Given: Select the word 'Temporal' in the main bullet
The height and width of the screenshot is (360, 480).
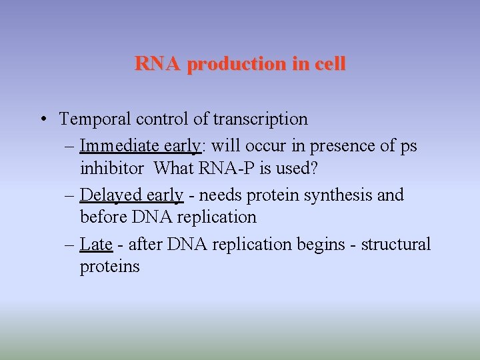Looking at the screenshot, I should point(95,119).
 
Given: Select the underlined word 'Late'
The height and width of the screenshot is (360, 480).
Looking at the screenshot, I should point(96,244).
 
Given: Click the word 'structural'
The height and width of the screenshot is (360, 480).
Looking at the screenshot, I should point(396,244).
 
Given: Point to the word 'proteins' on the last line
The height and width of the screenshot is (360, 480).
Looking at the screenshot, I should point(109,267).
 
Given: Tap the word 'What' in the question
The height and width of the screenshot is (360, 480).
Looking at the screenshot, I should point(173,168).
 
